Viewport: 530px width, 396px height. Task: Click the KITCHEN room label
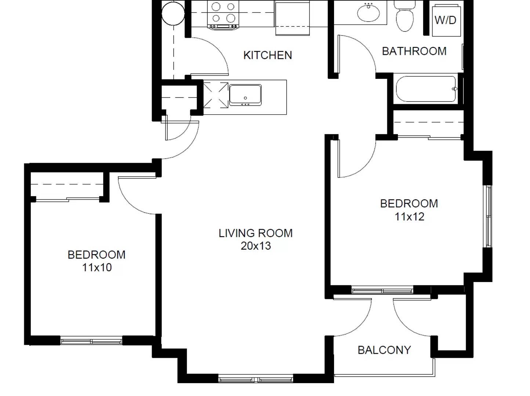point(268,55)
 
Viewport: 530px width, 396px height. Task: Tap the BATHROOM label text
point(414,51)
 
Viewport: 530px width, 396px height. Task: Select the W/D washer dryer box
point(446,20)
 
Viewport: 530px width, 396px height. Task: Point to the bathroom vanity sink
point(369,13)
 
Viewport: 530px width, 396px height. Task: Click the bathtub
point(426,89)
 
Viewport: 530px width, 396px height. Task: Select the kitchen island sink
point(245,95)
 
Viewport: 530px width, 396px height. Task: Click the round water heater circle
point(173,13)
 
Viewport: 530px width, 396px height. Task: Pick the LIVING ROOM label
point(255,233)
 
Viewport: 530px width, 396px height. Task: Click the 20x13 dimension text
point(255,246)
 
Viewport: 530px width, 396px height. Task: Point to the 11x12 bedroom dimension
point(409,217)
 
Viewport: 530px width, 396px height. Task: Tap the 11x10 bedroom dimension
point(97,268)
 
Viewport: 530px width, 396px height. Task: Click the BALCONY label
point(384,350)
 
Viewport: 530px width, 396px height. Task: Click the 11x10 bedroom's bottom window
point(91,341)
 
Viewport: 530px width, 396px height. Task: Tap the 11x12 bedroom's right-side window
point(488,216)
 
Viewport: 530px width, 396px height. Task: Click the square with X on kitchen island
point(215,95)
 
